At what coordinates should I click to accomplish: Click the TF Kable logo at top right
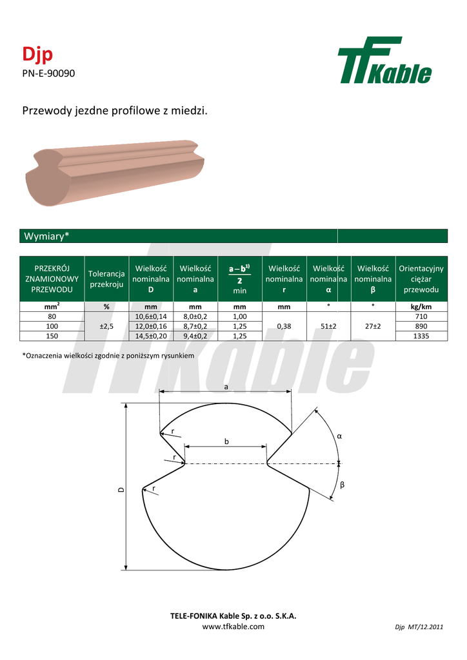click(x=384, y=60)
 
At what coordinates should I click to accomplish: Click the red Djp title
click(x=37, y=54)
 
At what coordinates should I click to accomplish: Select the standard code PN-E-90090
click(x=48, y=73)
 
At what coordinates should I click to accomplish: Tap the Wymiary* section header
click(x=46, y=236)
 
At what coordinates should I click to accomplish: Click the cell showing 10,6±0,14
click(x=151, y=316)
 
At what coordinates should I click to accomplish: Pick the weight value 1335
click(x=421, y=336)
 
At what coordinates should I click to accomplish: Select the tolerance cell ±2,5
click(x=106, y=326)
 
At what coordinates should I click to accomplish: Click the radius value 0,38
click(x=284, y=326)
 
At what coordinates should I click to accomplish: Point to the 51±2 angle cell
click(x=328, y=326)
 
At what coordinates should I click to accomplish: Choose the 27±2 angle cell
click(x=373, y=326)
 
